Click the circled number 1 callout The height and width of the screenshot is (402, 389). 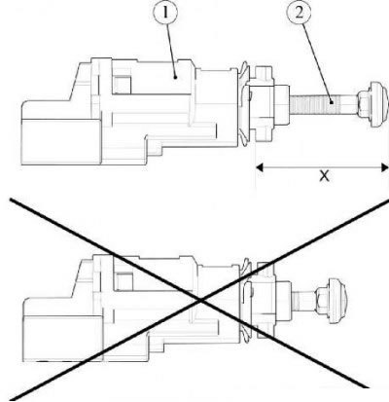point(165,13)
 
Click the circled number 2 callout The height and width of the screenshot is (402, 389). point(299,13)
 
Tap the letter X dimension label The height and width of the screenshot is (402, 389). point(324,176)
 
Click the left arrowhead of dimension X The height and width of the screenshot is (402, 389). point(259,167)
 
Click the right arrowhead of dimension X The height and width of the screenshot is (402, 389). point(385,167)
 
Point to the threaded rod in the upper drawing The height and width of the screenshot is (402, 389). point(323,104)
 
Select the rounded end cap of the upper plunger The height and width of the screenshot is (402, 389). point(378,104)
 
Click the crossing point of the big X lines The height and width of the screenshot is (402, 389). point(201,301)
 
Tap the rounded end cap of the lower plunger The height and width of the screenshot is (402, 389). point(338,301)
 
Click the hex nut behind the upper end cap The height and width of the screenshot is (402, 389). point(364,104)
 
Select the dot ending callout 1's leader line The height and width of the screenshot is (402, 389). point(175,77)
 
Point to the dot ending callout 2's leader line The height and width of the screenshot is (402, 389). point(332,102)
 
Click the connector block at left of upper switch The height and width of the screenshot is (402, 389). point(61,142)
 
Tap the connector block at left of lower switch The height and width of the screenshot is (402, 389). point(63,338)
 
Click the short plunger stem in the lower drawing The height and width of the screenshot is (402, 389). point(303,300)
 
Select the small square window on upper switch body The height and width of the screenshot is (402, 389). point(123,83)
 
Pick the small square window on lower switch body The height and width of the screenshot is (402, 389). point(124,281)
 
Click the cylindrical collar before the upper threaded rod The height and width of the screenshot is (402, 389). point(282,104)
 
